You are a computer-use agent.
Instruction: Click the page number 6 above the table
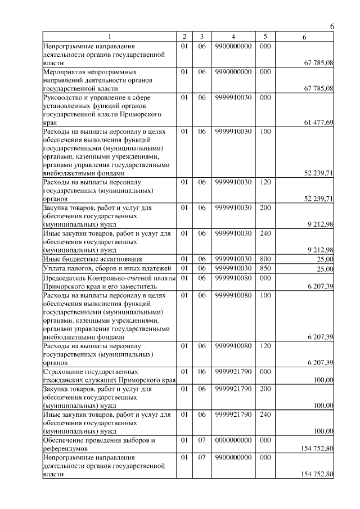pos(332,26)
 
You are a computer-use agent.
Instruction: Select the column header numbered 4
pos(233,37)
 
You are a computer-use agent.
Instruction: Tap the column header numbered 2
pos(184,37)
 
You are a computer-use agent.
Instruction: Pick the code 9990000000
pos(233,72)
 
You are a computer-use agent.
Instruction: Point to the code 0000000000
pos(233,440)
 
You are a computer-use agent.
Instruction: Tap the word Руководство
pos(63,97)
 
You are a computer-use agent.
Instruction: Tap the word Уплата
pos(54,268)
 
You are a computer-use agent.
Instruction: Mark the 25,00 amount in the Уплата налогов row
pos(325,269)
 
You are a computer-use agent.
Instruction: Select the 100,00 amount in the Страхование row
pos(323,381)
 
